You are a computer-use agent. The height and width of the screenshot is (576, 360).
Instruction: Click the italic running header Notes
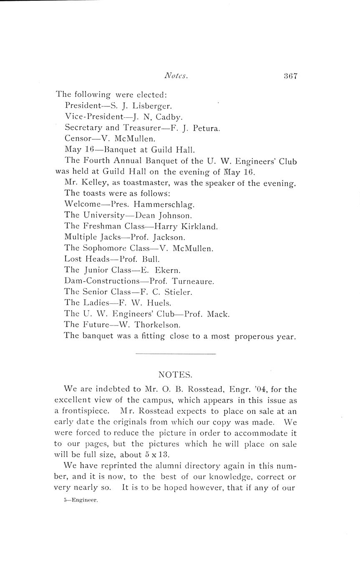[x=176, y=76]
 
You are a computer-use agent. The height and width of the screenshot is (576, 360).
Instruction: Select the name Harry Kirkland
[x=186, y=226]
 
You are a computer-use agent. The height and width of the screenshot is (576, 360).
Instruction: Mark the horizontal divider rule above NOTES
[x=176, y=354]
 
